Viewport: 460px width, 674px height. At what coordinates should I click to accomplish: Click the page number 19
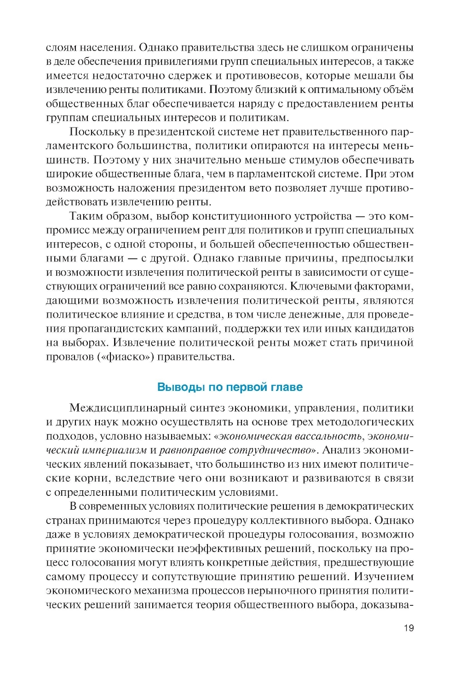[408, 628]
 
